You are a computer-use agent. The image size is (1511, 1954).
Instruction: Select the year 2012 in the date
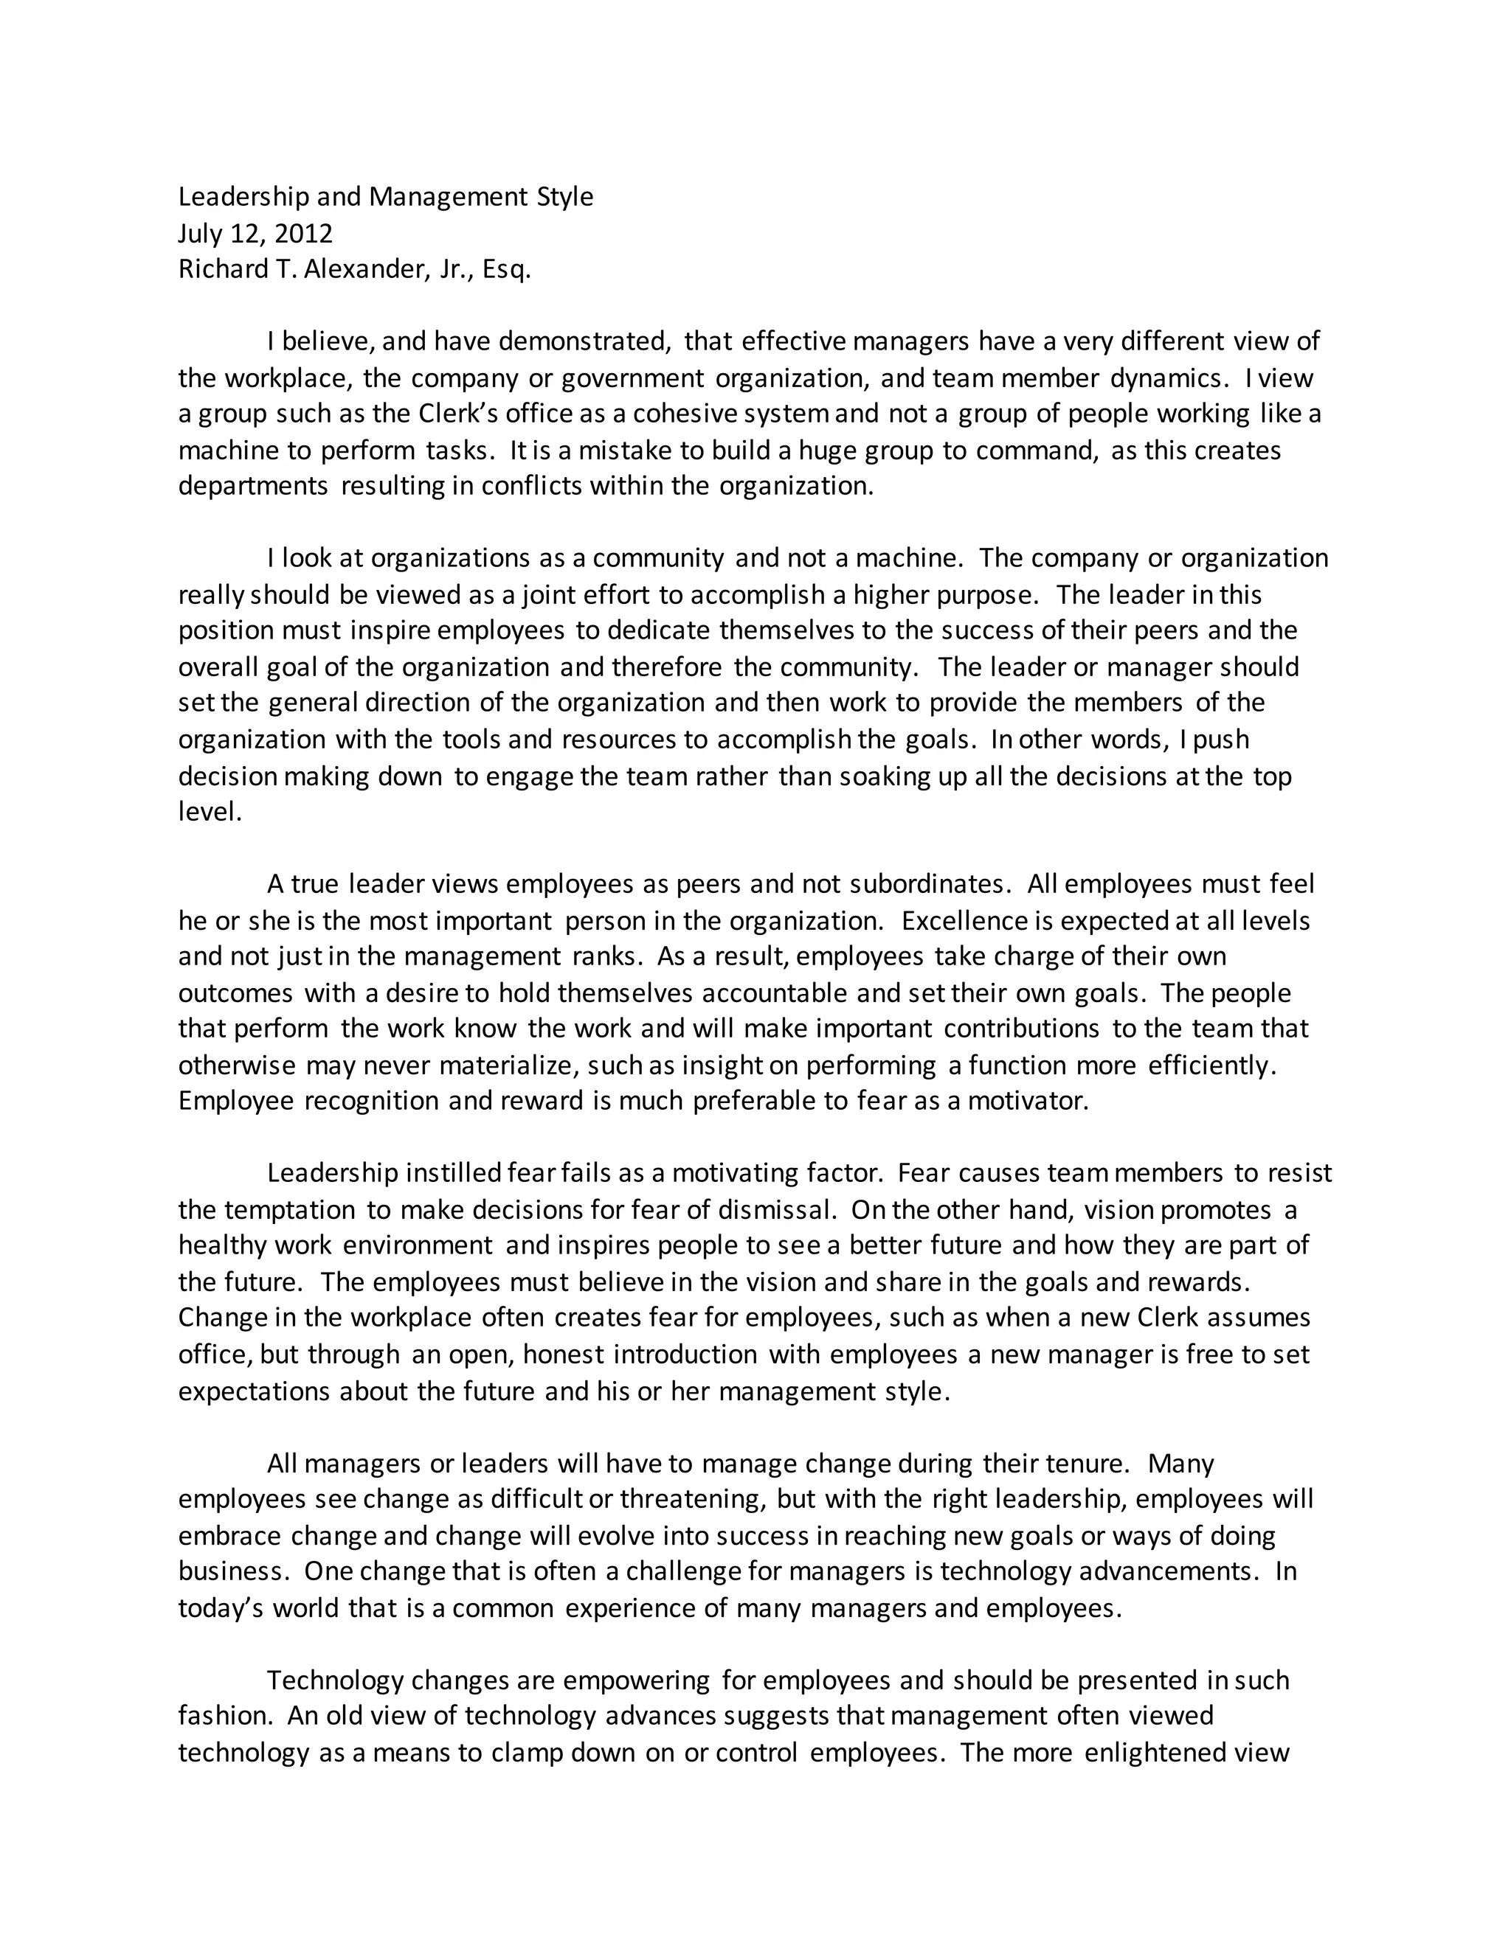[x=303, y=234]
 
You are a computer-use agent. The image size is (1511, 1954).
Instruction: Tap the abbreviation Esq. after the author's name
[x=507, y=269]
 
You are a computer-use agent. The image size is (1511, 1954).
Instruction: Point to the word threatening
[x=691, y=1498]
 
